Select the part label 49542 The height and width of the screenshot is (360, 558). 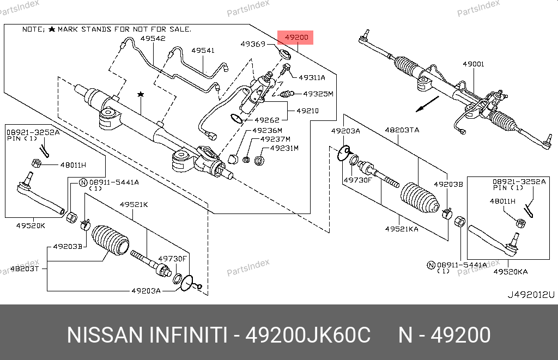(153, 39)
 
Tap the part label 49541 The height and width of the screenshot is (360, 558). (203, 51)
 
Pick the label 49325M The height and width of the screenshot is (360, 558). (318, 94)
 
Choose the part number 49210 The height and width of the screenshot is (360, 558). (307, 111)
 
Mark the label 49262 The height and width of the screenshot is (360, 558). (267, 120)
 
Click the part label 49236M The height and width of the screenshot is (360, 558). (267, 131)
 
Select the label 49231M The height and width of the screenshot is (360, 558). (284, 148)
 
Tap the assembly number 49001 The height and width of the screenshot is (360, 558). (473, 64)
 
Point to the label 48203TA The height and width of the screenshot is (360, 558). (402, 130)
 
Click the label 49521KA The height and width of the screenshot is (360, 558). (402, 229)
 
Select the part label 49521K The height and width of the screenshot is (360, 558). (134, 205)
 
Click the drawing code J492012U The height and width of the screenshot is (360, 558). (530, 295)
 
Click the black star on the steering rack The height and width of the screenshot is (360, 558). (141, 95)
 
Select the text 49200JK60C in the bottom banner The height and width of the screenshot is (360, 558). (308, 335)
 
